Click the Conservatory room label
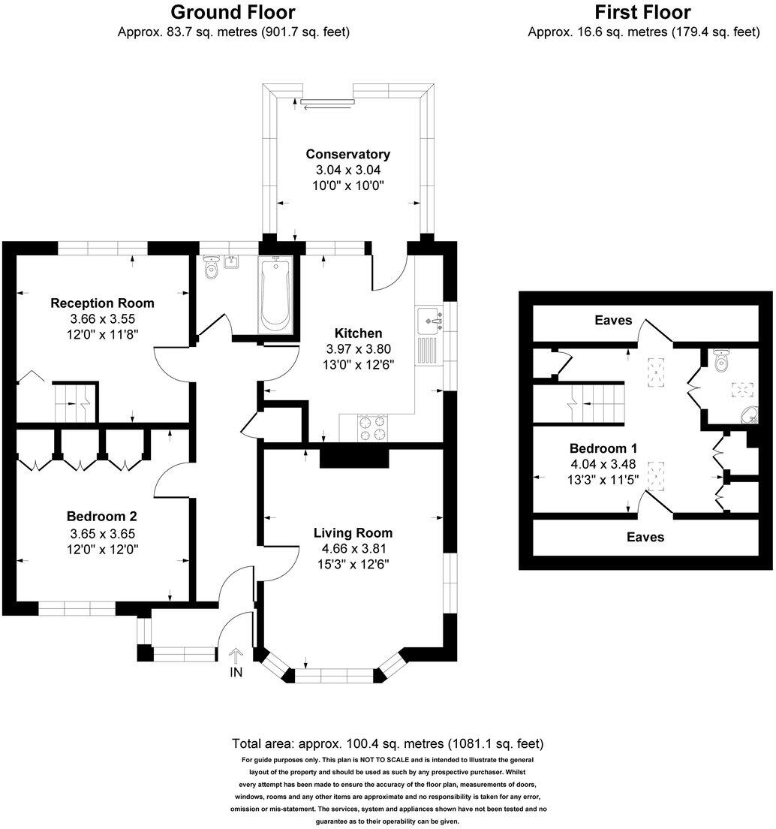[x=348, y=154]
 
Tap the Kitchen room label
[x=359, y=333]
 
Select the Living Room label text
[x=353, y=533]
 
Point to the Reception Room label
[x=102, y=303]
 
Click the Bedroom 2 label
[x=101, y=517]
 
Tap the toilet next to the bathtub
[x=212, y=267]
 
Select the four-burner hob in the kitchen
[x=373, y=428]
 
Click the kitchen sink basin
[x=429, y=318]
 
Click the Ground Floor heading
[x=233, y=12]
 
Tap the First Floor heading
[x=643, y=12]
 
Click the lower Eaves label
[x=645, y=537]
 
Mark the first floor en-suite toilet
[x=722, y=363]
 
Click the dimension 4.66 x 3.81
[x=353, y=548]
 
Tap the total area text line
[x=387, y=744]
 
